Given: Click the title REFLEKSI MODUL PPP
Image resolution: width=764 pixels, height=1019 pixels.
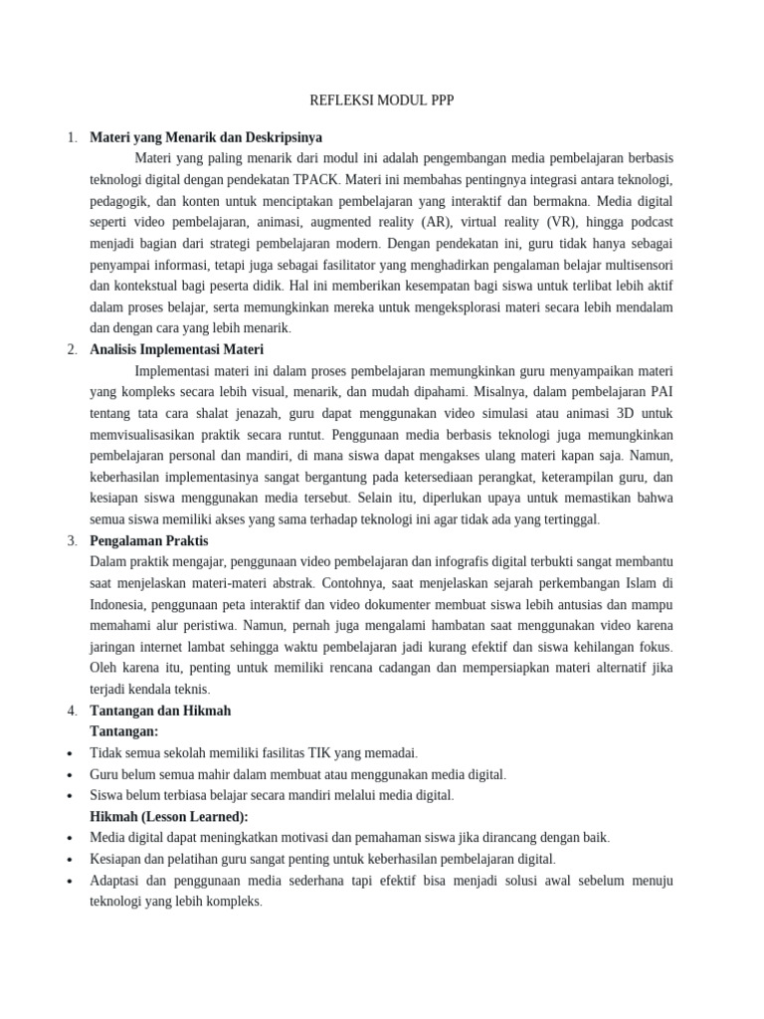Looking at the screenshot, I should click(x=382, y=102).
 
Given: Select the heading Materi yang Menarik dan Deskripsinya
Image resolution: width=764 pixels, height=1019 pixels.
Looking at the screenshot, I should click(x=206, y=137).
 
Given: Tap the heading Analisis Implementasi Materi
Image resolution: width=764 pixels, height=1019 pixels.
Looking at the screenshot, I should click(x=176, y=349).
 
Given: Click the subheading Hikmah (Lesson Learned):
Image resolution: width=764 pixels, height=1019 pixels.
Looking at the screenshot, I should click(x=169, y=816).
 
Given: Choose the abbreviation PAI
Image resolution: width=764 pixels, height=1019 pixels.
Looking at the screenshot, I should click(x=662, y=392).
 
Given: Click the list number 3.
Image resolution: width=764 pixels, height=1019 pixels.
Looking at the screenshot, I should click(x=73, y=541).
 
